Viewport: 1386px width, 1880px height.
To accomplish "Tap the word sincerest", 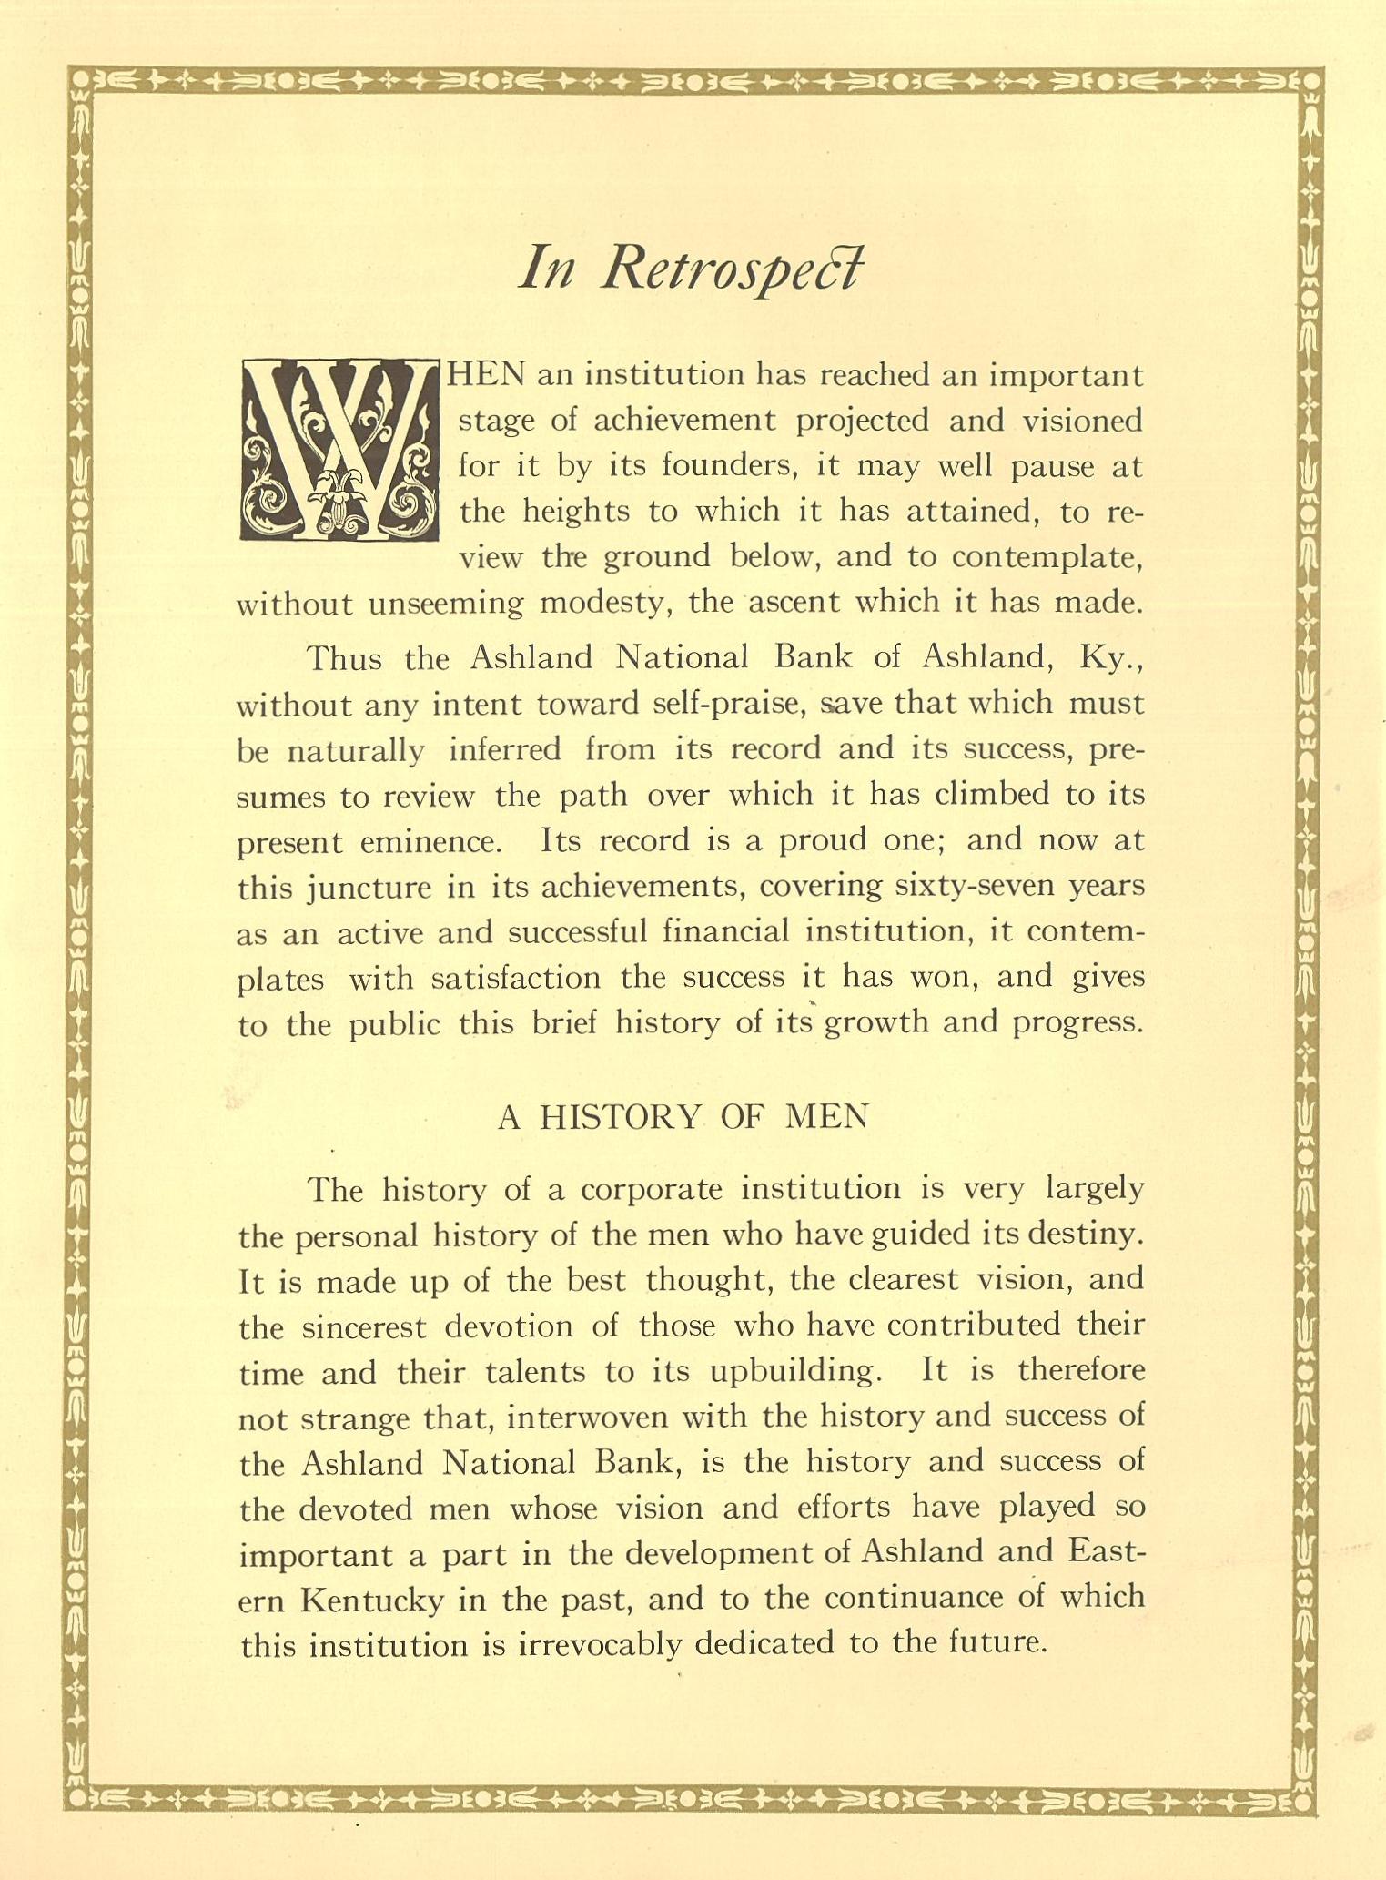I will pyautogui.click(x=363, y=1327).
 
